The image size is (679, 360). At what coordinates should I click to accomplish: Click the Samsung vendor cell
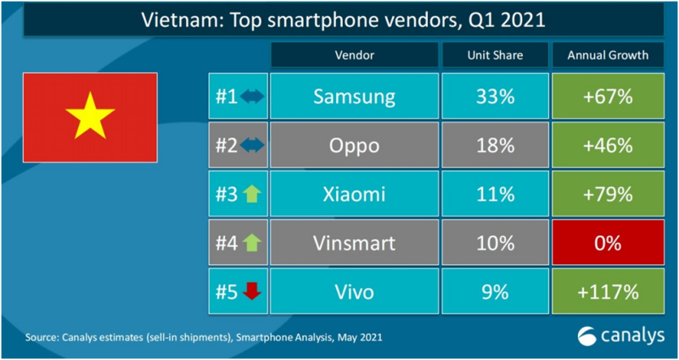[354, 96]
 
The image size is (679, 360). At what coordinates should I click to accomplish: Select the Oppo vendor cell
[354, 145]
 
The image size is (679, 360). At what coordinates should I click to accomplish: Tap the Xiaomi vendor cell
[354, 194]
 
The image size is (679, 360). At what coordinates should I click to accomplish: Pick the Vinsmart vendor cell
[354, 244]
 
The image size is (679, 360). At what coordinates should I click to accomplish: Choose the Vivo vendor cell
[354, 293]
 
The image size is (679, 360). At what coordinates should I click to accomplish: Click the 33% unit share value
[495, 96]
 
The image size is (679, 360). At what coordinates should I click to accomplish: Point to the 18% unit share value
[495, 145]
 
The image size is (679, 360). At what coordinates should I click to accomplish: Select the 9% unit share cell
[495, 293]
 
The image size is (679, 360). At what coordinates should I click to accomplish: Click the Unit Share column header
[495, 55]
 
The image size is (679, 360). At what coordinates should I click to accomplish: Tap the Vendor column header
[354, 55]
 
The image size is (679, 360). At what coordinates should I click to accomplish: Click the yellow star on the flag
[89, 116]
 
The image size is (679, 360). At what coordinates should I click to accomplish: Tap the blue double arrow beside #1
[253, 96]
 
